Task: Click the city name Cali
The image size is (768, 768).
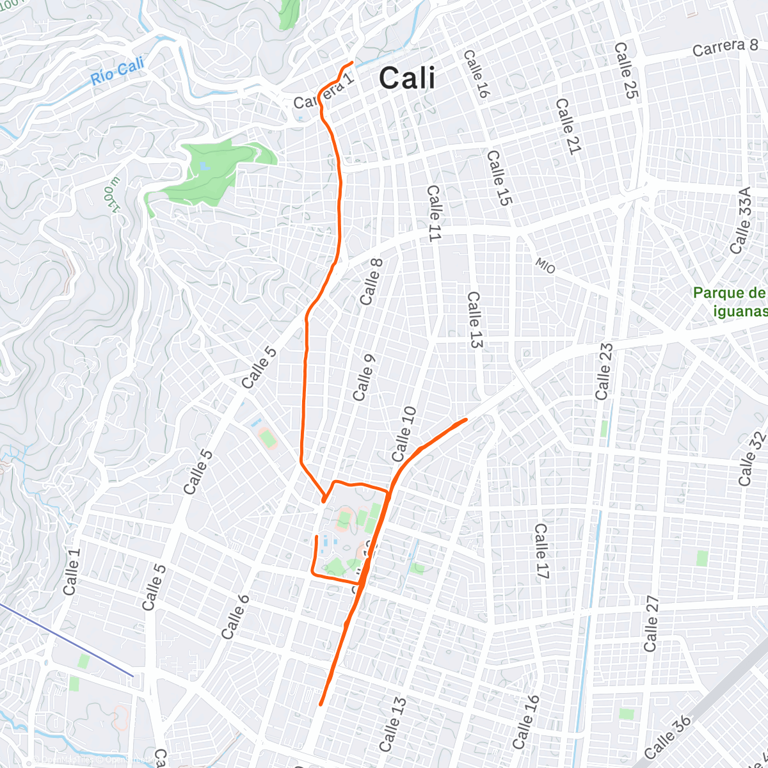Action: click(x=407, y=79)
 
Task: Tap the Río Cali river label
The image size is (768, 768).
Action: click(x=117, y=71)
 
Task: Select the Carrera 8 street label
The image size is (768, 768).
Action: click(x=725, y=47)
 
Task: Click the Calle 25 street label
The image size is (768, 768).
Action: click(x=626, y=70)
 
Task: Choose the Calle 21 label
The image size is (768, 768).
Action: click(x=568, y=126)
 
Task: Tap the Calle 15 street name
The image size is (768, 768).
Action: click(x=500, y=178)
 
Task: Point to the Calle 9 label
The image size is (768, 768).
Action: click(x=363, y=374)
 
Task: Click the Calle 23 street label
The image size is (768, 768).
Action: click(x=604, y=372)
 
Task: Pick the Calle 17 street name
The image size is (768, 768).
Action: click(x=541, y=552)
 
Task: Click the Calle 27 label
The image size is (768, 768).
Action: click(x=652, y=624)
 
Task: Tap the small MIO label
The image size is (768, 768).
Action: click(x=545, y=266)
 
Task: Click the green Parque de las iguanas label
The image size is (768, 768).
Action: click(x=730, y=302)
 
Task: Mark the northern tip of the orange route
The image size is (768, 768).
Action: click(x=353, y=62)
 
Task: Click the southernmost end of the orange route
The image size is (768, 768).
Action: click(x=320, y=705)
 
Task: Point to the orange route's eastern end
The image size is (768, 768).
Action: click(x=467, y=419)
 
